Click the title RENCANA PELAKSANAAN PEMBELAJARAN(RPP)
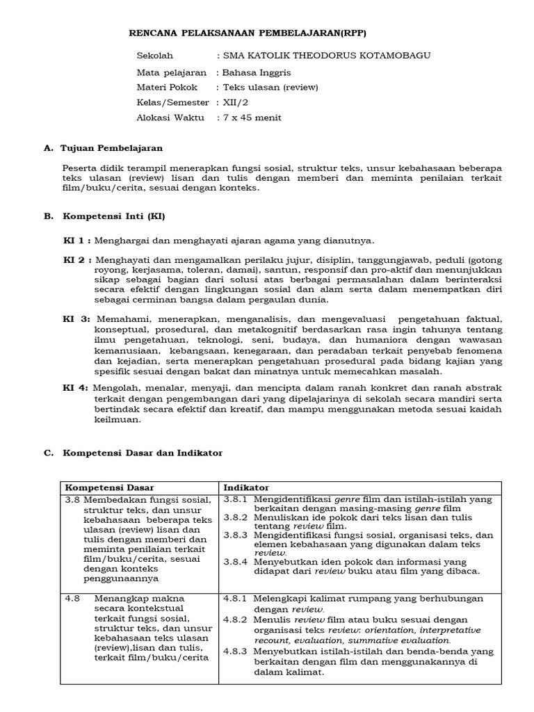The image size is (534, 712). coord(248,33)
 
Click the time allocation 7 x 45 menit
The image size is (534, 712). coord(249,118)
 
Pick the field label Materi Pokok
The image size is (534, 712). coord(168,87)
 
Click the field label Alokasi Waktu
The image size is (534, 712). coord(171,118)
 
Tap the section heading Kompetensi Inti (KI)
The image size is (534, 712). coord(114,216)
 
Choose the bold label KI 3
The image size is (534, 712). coord(76,318)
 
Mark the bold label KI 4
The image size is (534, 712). coord(76,387)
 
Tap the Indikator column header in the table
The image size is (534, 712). coord(246,487)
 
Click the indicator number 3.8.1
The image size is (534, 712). coord(236,499)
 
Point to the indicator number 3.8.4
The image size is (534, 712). coord(236,561)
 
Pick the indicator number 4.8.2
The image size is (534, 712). coord(236,619)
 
